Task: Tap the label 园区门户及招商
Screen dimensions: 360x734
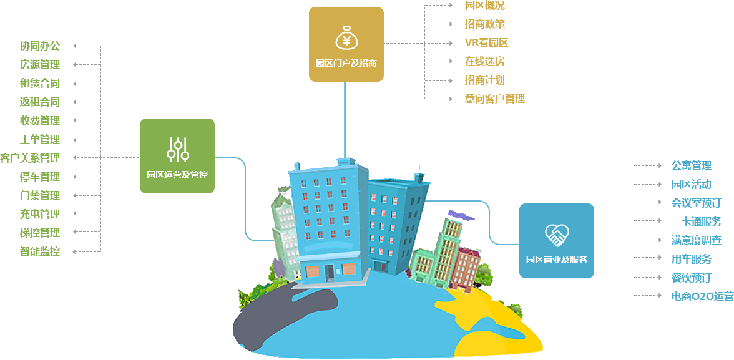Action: (346, 63)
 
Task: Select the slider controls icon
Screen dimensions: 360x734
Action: (178, 150)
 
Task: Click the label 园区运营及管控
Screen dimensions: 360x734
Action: (177, 175)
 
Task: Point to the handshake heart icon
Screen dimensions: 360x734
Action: (557, 235)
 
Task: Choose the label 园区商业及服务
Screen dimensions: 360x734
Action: (557, 260)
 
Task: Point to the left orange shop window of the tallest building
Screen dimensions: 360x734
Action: (312, 271)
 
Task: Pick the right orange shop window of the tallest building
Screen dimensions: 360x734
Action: (349, 269)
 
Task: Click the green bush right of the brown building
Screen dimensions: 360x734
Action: (483, 275)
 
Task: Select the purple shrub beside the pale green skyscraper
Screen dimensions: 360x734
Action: (279, 268)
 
